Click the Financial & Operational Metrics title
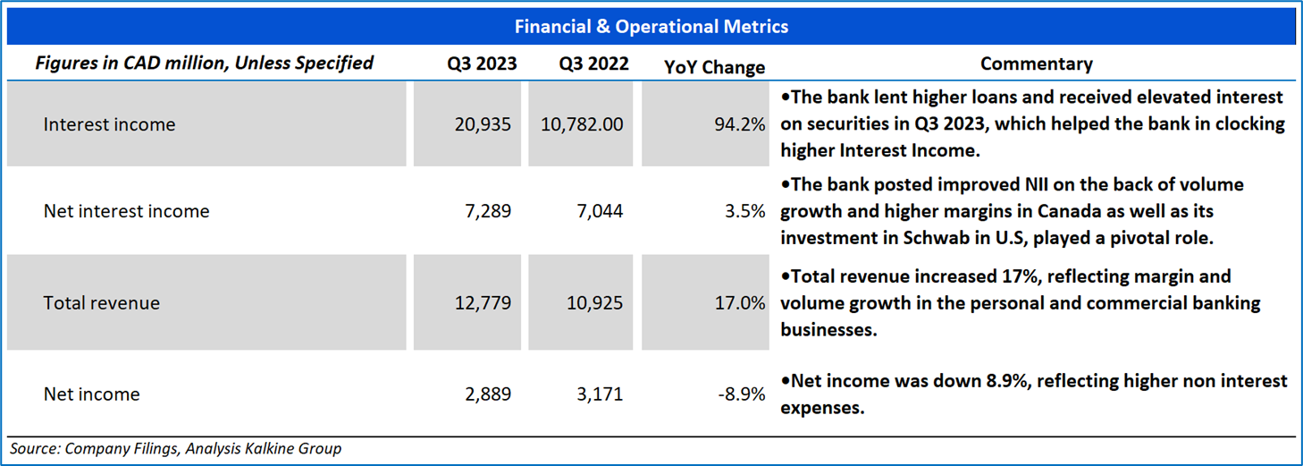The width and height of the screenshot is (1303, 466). tap(651, 26)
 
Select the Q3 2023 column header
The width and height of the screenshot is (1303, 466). tap(482, 63)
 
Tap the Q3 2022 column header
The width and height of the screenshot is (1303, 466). tap(594, 63)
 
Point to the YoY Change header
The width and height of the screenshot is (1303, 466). tap(714, 67)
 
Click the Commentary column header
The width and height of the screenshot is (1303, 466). tap(1037, 64)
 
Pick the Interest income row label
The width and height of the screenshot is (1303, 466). tap(109, 124)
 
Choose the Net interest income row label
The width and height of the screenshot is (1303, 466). tap(126, 211)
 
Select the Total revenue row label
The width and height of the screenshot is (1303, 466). tap(102, 303)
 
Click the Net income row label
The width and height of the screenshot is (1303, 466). tap(92, 394)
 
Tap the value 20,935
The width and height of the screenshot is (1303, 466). tap(483, 124)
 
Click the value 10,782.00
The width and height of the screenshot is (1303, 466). tap(582, 124)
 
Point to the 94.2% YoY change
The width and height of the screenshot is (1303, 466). tap(739, 124)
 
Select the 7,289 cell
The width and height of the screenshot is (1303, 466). tap(488, 211)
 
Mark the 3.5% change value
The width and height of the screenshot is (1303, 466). tap(744, 211)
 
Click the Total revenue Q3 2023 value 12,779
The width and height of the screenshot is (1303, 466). tap(483, 303)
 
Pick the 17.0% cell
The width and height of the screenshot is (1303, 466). tap(739, 303)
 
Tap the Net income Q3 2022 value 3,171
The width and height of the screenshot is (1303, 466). tap(600, 394)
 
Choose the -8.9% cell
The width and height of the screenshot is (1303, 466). tap(741, 394)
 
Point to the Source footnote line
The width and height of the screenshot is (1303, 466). tap(176, 448)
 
